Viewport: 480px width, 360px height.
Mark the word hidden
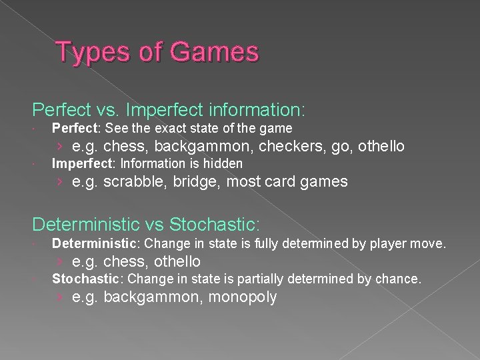pos(225,163)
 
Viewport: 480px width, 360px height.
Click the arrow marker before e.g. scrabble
pos(61,181)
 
